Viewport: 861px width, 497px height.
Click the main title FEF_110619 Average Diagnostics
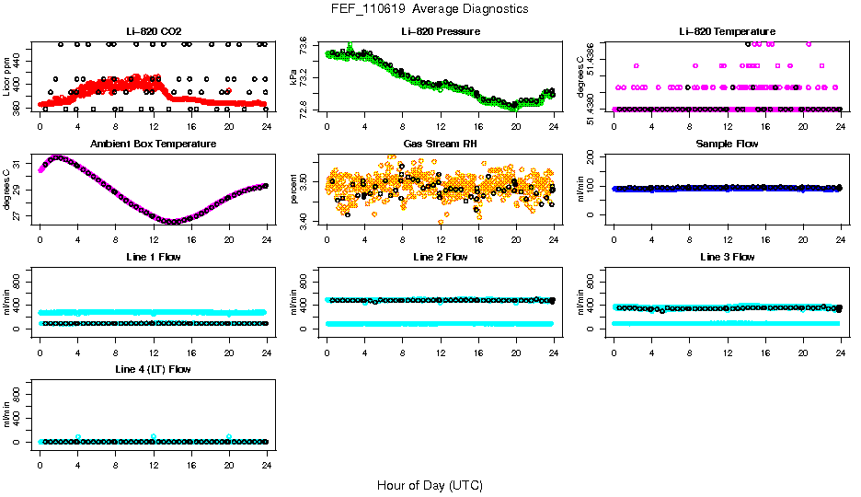(430, 8)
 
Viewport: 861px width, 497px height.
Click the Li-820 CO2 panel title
(154, 31)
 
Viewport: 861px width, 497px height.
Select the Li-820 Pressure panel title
(440, 31)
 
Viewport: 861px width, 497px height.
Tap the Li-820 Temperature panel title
(727, 31)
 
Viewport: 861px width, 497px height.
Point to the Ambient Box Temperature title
(154, 144)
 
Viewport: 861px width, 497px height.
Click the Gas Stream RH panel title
(440, 144)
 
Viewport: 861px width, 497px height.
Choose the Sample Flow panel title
(727, 144)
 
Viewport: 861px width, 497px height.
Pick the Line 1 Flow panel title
(154, 257)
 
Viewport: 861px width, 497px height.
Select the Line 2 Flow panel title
(440, 257)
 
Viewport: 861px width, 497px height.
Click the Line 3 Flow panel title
(727, 257)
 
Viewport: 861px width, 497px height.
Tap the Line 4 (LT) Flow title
(154, 369)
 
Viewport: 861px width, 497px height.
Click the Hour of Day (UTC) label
(430, 485)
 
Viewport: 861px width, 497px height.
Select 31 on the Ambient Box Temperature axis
(24, 164)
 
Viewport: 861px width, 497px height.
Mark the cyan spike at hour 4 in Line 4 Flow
(78, 437)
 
